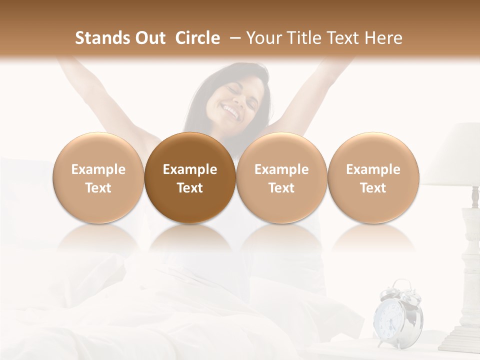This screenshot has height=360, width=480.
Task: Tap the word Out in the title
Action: pyautogui.click(x=149, y=38)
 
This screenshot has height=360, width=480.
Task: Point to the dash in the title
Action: pyautogui.click(x=235, y=38)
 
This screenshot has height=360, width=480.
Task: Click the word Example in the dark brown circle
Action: pyautogui.click(x=190, y=169)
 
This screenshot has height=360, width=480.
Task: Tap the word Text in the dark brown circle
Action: pyautogui.click(x=190, y=188)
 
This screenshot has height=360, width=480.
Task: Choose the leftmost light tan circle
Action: pyautogui.click(x=98, y=177)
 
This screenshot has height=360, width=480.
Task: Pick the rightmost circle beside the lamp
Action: pyautogui.click(x=373, y=177)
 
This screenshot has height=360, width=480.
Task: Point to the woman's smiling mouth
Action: pyautogui.click(x=232, y=111)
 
